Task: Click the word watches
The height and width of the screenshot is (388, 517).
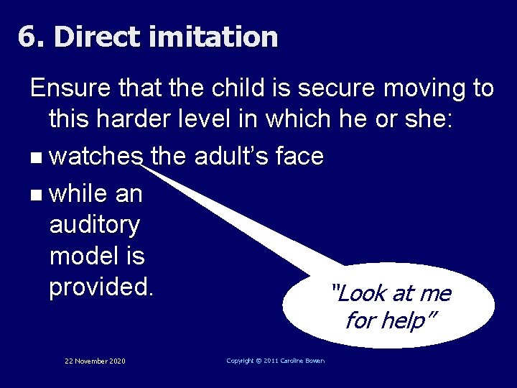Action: pos(98,155)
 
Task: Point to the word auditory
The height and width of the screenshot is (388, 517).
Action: pos(95,225)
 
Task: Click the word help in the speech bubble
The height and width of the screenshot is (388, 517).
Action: pos(404,320)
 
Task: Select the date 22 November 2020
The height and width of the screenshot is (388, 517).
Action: pos(95,361)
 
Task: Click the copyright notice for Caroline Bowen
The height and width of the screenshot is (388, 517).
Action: pos(275,361)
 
